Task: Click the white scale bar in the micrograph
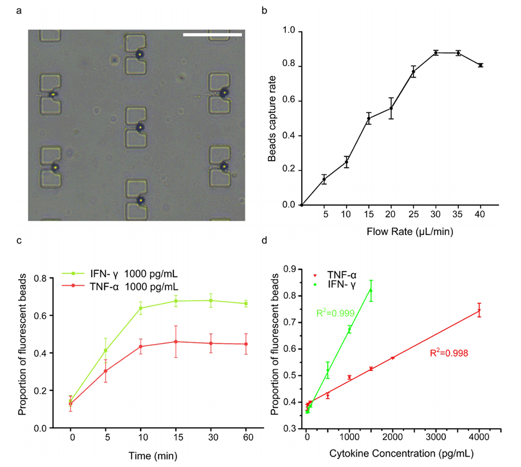coord(212,35)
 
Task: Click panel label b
coord(266,10)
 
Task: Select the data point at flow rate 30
coord(436,52)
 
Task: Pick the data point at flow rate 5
coord(324,179)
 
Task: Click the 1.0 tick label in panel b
coord(288,31)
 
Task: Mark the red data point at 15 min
coord(176,342)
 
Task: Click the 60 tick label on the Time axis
coord(245,438)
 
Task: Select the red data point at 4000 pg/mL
coord(479,311)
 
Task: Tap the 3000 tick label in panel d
coord(436,438)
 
